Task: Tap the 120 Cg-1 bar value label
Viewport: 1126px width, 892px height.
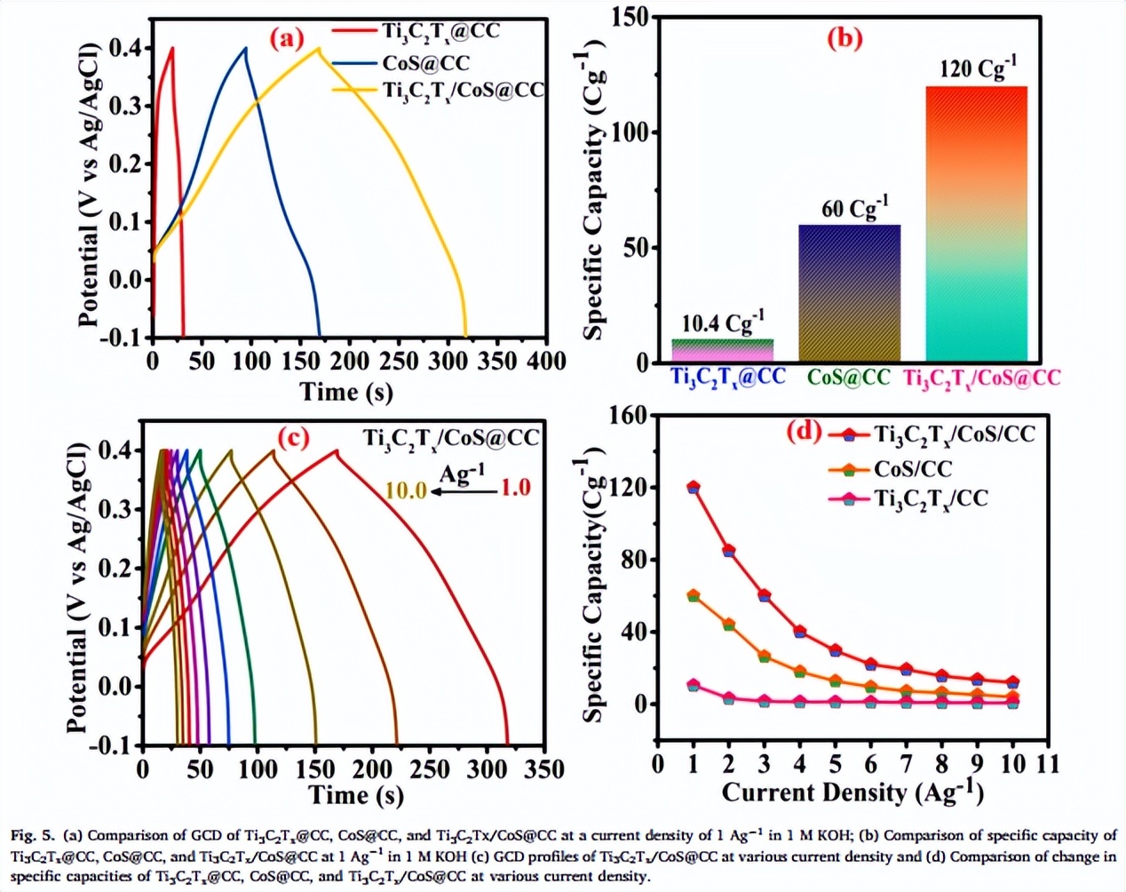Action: point(978,68)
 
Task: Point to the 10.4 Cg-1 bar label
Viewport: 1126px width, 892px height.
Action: point(723,323)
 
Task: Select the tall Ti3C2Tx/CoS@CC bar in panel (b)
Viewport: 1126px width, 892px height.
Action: point(976,223)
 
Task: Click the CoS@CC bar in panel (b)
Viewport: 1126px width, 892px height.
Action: point(850,293)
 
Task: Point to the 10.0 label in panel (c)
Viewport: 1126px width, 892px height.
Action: point(405,490)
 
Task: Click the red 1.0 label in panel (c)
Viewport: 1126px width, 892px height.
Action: point(516,488)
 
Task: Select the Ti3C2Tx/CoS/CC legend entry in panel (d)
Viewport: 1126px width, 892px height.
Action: point(954,434)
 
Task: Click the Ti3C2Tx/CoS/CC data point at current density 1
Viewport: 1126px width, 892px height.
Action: point(693,487)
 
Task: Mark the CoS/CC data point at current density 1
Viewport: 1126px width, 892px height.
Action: point(693,595)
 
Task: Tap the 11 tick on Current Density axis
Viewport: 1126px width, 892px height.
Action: point(1048,764)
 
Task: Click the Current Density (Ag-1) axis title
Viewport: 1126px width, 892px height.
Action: point(852,791)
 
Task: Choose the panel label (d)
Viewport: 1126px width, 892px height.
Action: point(805,431)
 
